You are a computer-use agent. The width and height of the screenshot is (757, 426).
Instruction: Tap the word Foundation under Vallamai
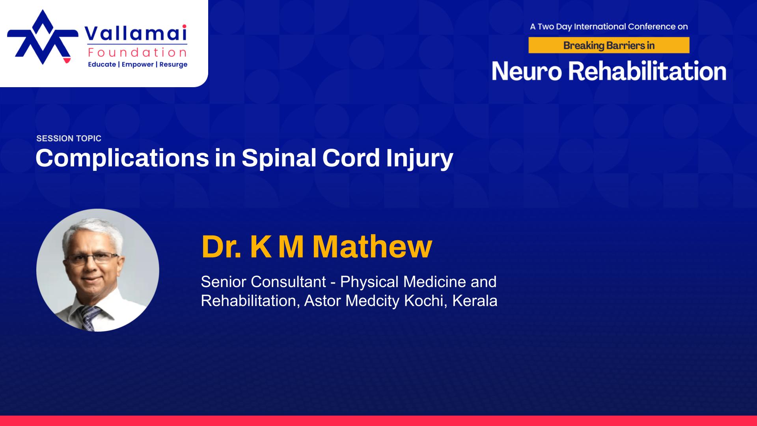pyautogui.click(x=138, y=52)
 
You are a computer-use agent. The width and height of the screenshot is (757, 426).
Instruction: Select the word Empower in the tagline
pyautogui.click(x=138, y=64)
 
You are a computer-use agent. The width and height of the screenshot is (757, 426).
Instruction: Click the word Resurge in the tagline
pyautogui.click(x=173, y=64)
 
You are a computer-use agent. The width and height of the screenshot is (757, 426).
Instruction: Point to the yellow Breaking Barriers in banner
pyautogui.click(x=609, y=45)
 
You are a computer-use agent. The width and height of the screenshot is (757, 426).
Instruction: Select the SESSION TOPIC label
pyautogui.click(x=69, y=138)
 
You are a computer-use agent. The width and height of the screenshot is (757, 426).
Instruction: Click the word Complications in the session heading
pyautogui.click(x=122, y=158)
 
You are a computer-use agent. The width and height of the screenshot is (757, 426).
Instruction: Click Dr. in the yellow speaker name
pyautogui.click(x=221, y=247)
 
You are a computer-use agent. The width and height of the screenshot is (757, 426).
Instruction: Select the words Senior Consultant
pyautogui.click(x=263, y=282)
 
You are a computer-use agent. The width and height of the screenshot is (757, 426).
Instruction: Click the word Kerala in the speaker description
pyautogui.click(x=475, y=301)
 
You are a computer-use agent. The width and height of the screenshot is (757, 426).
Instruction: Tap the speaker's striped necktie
pyautogui.click(x=89, y=318)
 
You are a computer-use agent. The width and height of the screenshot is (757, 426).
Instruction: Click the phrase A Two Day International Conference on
pyautogui.click(x=609, y=27)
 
